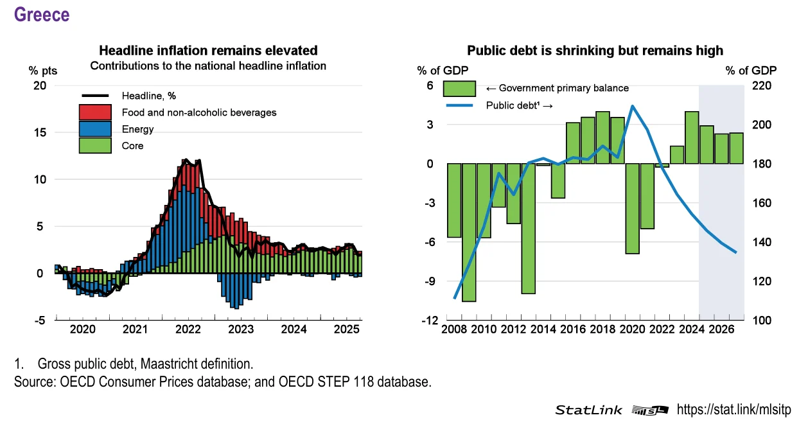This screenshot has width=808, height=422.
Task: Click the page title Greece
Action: tap(41, 14)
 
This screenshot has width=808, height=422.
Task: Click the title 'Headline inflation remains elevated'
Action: tap(208, 50)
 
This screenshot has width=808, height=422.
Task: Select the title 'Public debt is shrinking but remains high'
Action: tap(595, 50)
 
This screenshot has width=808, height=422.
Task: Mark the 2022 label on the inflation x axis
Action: tap(188, 330)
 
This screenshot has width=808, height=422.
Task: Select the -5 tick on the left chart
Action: tap(39, 321)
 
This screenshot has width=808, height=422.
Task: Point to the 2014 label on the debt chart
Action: tap(543, 330)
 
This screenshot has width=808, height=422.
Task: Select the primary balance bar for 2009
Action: tap(470, 232)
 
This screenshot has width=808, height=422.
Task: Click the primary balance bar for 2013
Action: tap(529, 228)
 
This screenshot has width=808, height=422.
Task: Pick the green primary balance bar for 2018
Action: tap(602, 137)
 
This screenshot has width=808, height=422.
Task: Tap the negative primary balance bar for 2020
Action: tap(632, 208)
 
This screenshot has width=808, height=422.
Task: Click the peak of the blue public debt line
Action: tap(633, 106)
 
